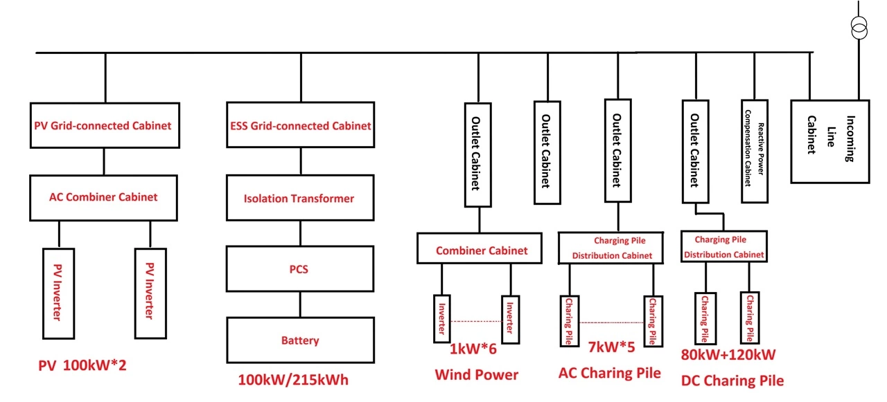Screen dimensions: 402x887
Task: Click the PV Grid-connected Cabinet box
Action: (x=104, y=125)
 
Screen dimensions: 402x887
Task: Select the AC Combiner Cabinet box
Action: (x=104, y=197)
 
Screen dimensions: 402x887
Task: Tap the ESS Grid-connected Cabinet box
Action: (x=300, y=125)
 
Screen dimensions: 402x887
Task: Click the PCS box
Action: (x=299, y=269)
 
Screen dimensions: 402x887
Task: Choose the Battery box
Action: (x=300, y=340)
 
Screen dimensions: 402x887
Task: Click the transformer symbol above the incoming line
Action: (x=859, y=12)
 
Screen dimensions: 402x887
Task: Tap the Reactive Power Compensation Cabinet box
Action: (x=755, y=149)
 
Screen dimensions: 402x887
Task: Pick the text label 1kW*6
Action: (x=475, y=350)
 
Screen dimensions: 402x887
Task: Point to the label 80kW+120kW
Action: (x=728, y=355)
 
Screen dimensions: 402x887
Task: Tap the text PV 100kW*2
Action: (x=82, y=365)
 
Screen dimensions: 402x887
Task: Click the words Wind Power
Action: (x=476, y=375)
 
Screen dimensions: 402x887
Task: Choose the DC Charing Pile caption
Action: (x=732, y=381)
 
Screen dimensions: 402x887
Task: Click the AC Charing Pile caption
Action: (x=610, y=374)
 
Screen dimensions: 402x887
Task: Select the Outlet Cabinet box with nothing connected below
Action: (x=547, y=152)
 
